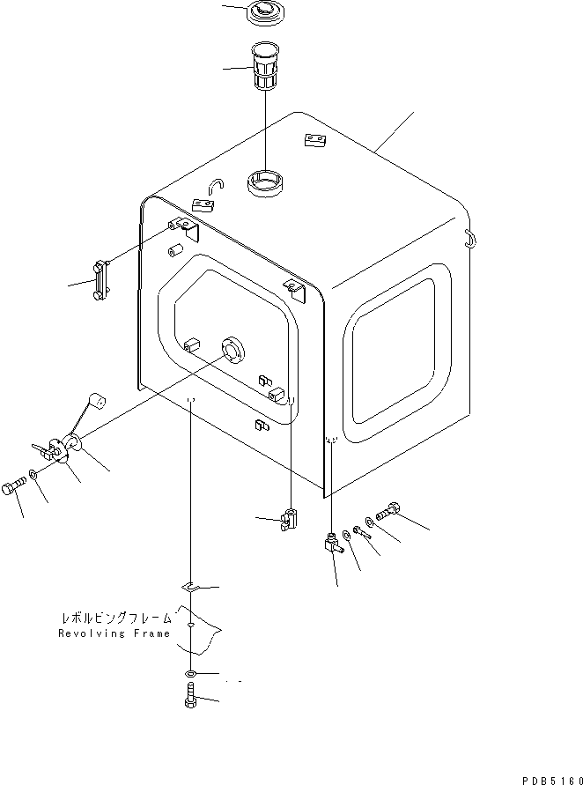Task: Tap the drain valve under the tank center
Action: point(289,521)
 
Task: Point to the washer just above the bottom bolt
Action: point(192,674)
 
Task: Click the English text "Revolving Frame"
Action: point(114,633)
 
